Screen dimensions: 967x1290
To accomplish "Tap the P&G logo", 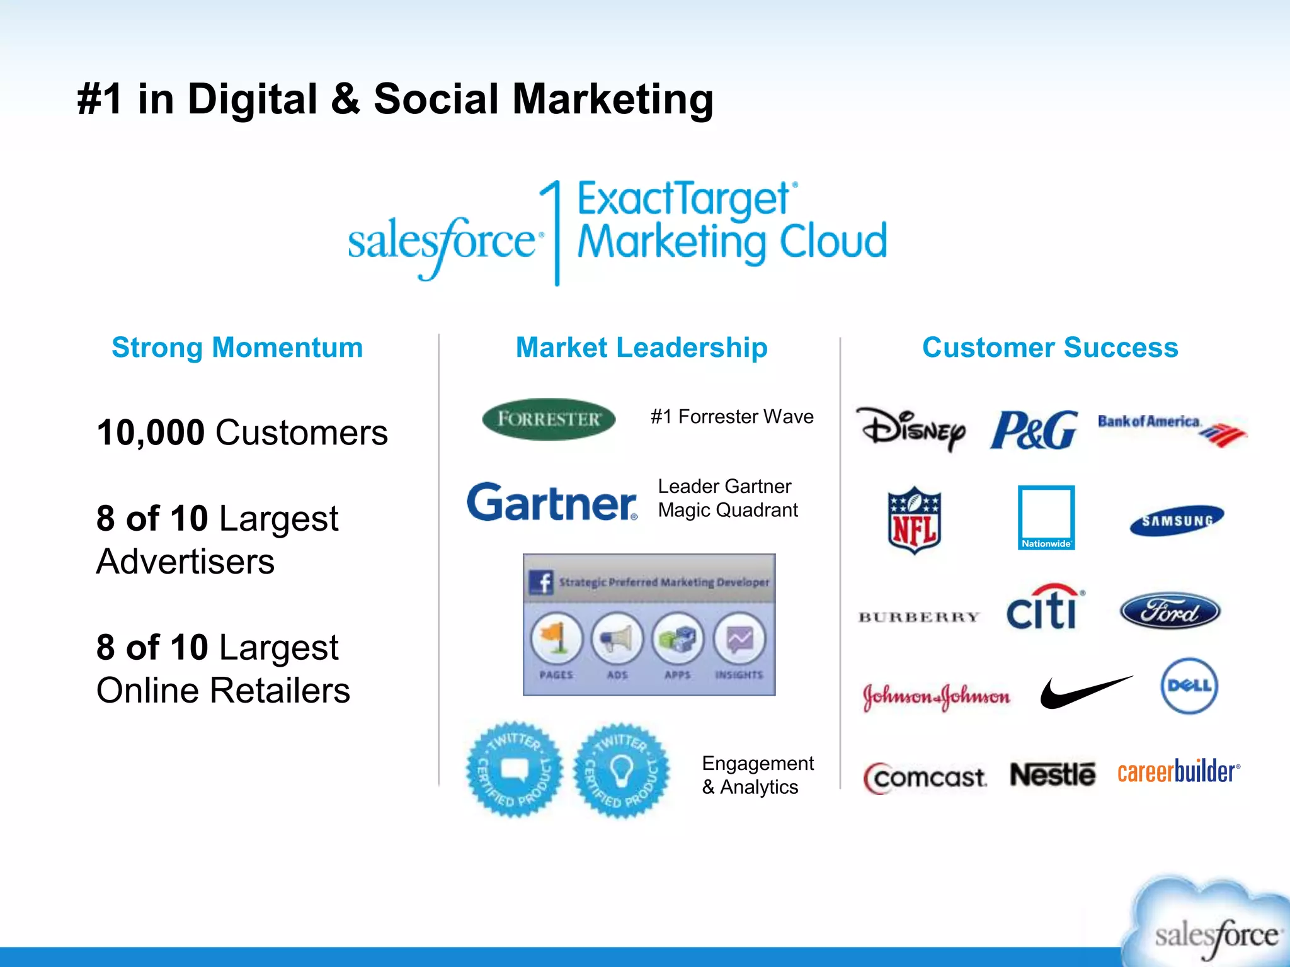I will pos(1034,430).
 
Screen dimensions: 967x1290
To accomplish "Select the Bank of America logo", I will pos(1172,429).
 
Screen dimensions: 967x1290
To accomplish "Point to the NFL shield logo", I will pos(915,520).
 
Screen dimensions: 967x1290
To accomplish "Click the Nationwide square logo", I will pos(1046,517).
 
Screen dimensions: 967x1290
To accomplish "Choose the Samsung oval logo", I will pos(1177,521).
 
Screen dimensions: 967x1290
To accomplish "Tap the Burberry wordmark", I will pos(919,617).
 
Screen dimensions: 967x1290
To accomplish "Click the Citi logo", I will pos(1045,608).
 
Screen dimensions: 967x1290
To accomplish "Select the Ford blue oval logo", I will pos(1170,611).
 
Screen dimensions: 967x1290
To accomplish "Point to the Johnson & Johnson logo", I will pos(936,696).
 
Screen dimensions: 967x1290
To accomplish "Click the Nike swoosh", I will pos(1085,692).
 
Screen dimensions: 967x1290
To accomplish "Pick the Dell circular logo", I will pos(1189,686).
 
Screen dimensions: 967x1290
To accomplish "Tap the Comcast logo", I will pos(925,778).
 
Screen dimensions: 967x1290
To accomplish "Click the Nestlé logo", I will pos(1053,774).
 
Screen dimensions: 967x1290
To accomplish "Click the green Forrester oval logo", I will pos(549,419).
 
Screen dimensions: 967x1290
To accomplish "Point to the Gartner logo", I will pos(552,502).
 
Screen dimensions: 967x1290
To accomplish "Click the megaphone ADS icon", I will pos(617,640).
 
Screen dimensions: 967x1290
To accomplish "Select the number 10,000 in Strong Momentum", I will pos(151,433).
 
